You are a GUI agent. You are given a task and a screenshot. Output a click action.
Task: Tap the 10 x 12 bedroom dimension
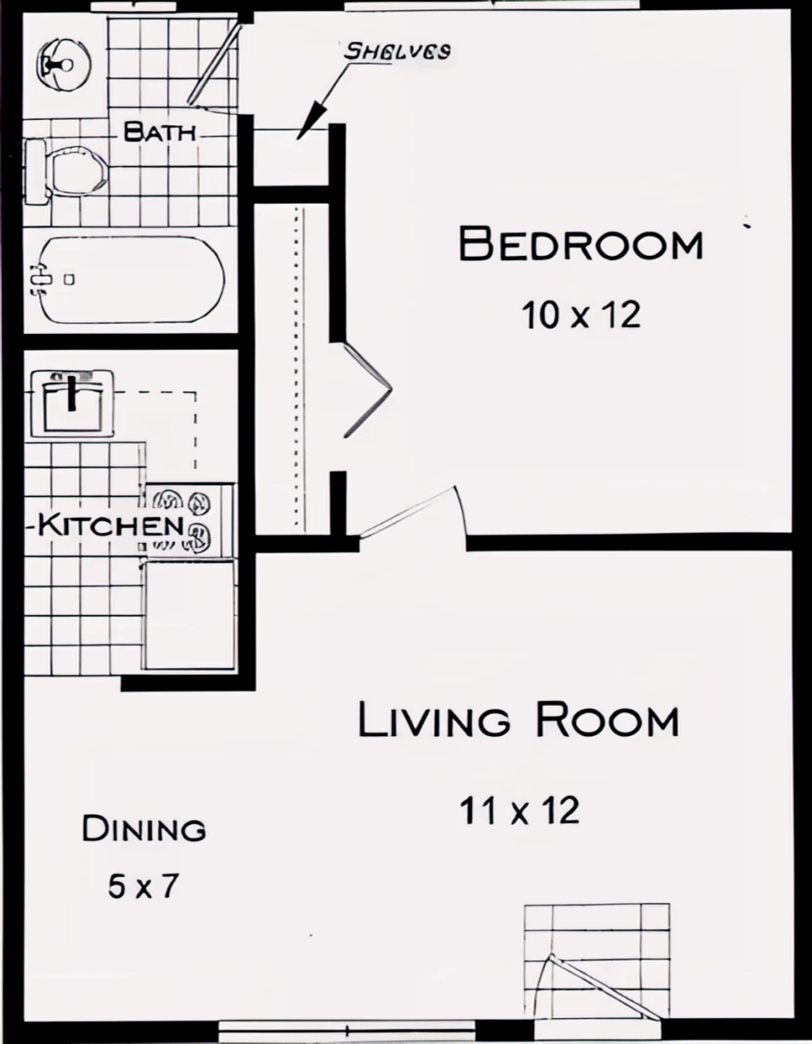pos(580,314)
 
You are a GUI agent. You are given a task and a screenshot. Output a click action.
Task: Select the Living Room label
pos(518,721)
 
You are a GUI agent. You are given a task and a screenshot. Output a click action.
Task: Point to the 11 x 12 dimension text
pos(520,811)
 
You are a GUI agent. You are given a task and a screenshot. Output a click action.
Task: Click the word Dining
pos(144,829)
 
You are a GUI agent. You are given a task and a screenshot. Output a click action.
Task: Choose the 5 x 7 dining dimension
pos(144,887)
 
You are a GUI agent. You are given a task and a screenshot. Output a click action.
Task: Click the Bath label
pos(159,133)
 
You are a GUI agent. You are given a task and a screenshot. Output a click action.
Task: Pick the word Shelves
pos(398,50)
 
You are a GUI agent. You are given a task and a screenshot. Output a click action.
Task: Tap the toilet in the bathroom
pos(65,172)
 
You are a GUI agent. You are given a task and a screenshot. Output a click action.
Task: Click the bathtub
pos(126,279)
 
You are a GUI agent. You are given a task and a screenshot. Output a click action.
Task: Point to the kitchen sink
pos(73,402)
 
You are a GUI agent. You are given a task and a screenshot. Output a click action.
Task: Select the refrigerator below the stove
pos(190,614)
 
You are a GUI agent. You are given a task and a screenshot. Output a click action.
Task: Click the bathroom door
pos(213,63)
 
